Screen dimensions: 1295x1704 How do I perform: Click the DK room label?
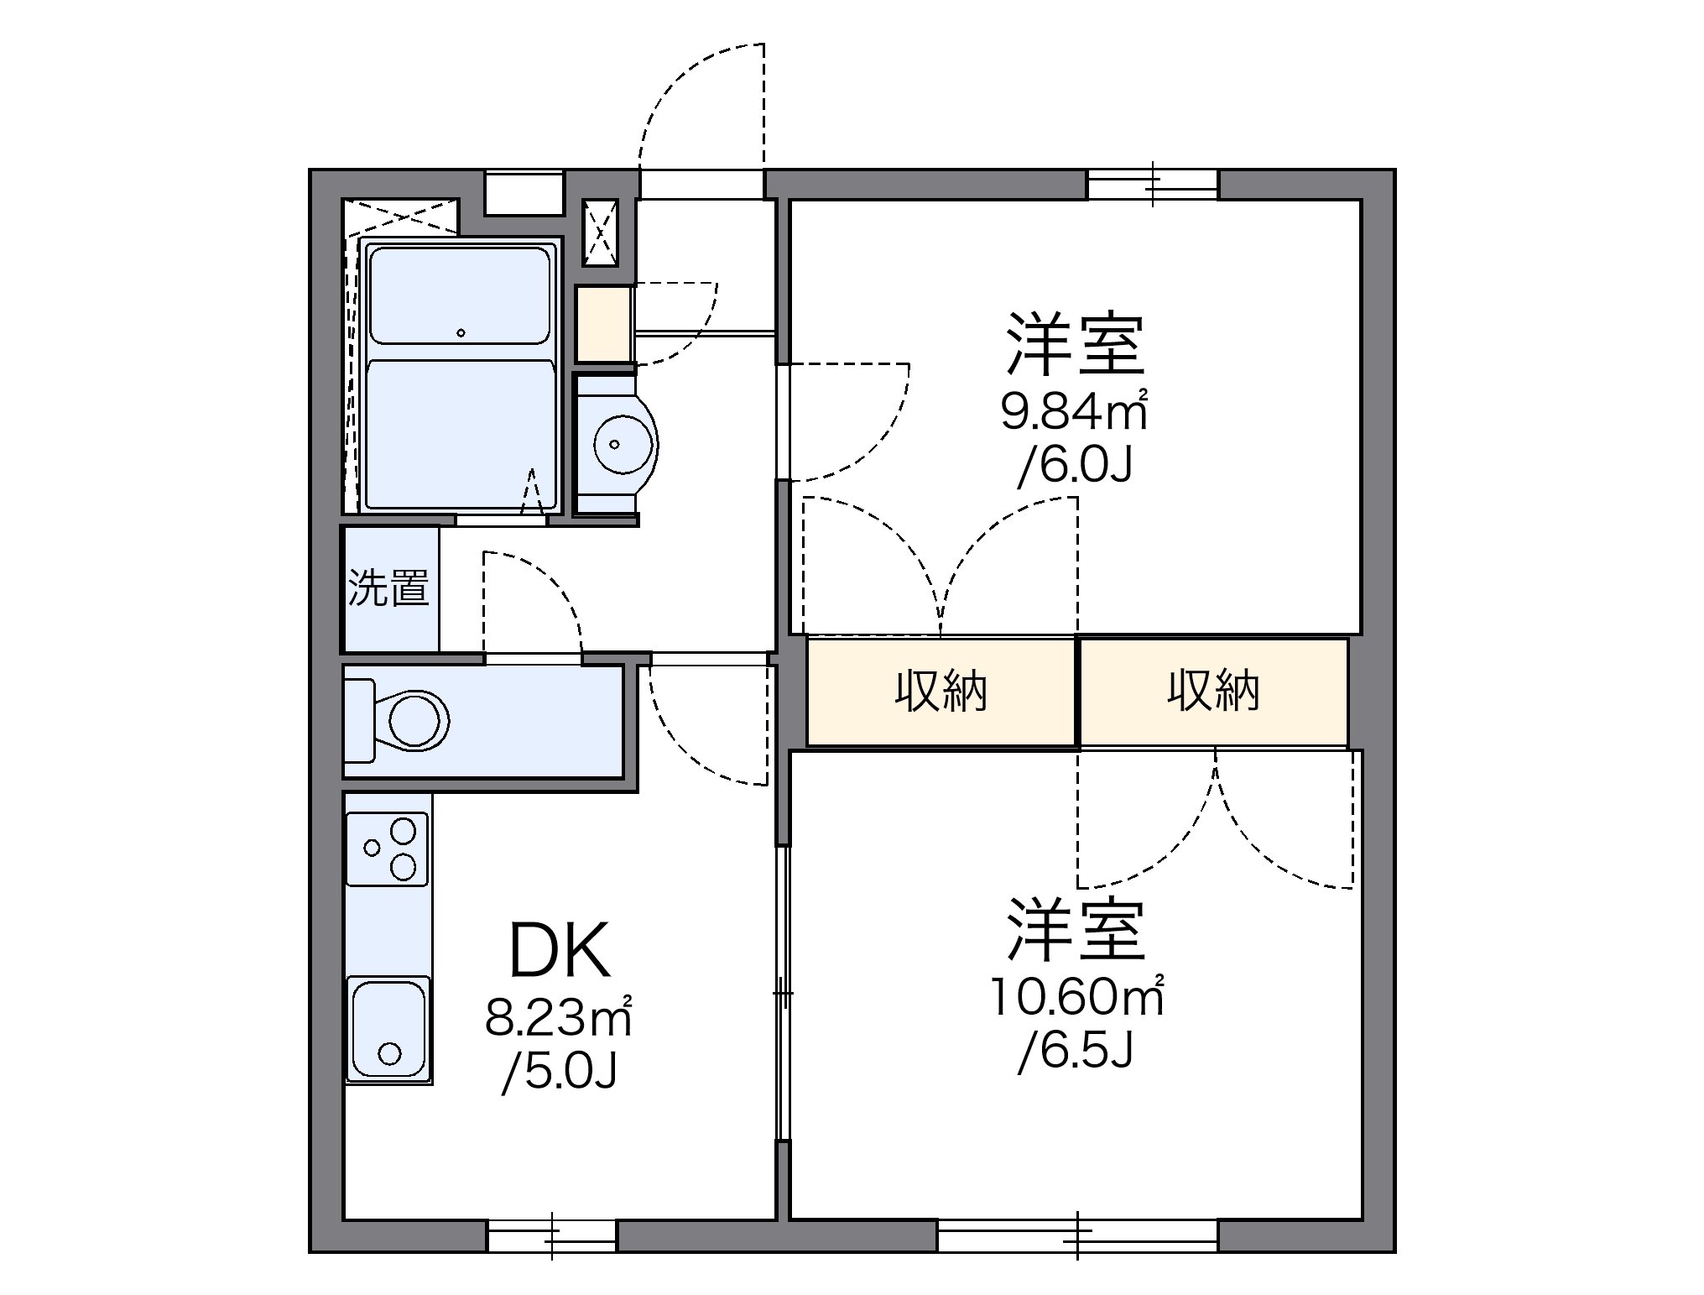pyautogui.click(x=560, y=952)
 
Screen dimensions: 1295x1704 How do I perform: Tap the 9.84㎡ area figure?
pyautogui.click(x=1074, y=411)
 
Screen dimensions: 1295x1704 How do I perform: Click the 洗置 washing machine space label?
pyautogui.click(x=388, y=587)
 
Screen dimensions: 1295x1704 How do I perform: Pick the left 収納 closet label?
pyautogui.click(x=941, y=692)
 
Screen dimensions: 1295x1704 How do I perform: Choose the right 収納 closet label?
pyautogui.click(x=1213, y=692)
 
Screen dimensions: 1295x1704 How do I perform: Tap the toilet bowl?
pyautogui.click(x=415, y=720)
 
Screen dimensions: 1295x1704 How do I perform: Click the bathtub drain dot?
pyautogui.click(x=461, y=333)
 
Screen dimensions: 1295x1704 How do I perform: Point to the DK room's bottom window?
pyautogui.click(x=551, y=1235)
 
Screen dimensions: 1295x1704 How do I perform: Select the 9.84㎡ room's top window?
pyautogui.click(x=1153, y=185)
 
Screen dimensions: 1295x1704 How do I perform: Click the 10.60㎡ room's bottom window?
pyautogui.click(x=1077, y=1235)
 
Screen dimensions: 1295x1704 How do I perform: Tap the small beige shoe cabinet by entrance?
pyautogui.click(x=603, y=324)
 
